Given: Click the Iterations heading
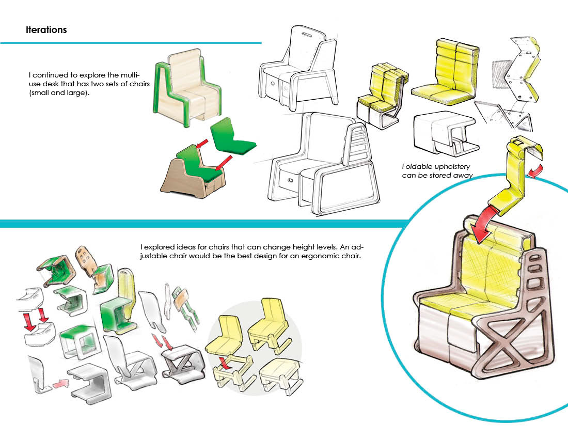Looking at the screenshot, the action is [x=46, y=30].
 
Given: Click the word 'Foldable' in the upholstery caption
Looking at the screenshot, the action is [x=417, y=166].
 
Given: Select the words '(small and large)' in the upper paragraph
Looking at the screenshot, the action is [x=59, y=93].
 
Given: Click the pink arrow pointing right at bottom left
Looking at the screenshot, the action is [x=60, y=384].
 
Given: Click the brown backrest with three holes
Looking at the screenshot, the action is [x=86, y=259].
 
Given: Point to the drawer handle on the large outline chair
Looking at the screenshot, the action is [x=290, y=180].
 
